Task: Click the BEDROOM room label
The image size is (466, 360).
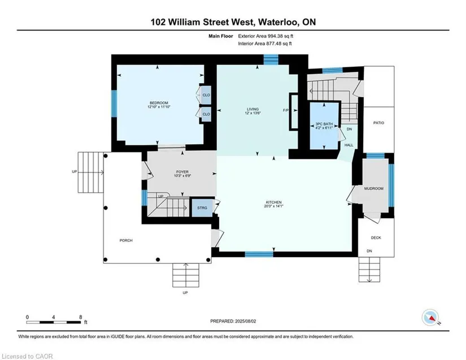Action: click(159, 103)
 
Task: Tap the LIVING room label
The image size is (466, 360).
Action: click(252, 109)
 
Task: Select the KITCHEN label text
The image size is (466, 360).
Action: click(274, 202)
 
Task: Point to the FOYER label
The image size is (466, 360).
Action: click(182, 172)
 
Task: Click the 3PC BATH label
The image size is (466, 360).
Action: click(324, 124)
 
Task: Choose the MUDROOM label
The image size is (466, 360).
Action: click(373, 188)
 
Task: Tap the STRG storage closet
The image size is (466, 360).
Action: click(202, 207)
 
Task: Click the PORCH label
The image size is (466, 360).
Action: click(126, 240)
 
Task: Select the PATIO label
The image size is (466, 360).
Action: click(378, 123)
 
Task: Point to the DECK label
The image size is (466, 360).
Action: click(376, 237)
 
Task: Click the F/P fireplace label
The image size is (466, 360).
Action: click(285, 110)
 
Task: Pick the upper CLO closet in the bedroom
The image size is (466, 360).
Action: click(206, 95)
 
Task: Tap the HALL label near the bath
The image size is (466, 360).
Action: click(349, 145)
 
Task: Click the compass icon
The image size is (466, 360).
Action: click(430, 318)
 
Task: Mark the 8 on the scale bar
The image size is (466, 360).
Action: click(81, 317)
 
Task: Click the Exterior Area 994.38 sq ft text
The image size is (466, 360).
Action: click(265, 36)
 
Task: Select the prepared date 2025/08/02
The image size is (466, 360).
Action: click(246, 321)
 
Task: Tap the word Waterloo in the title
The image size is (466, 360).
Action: click(278, 22)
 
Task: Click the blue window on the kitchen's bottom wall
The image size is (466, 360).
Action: click(259, 254)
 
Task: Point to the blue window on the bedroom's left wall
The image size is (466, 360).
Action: click(114, 103)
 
